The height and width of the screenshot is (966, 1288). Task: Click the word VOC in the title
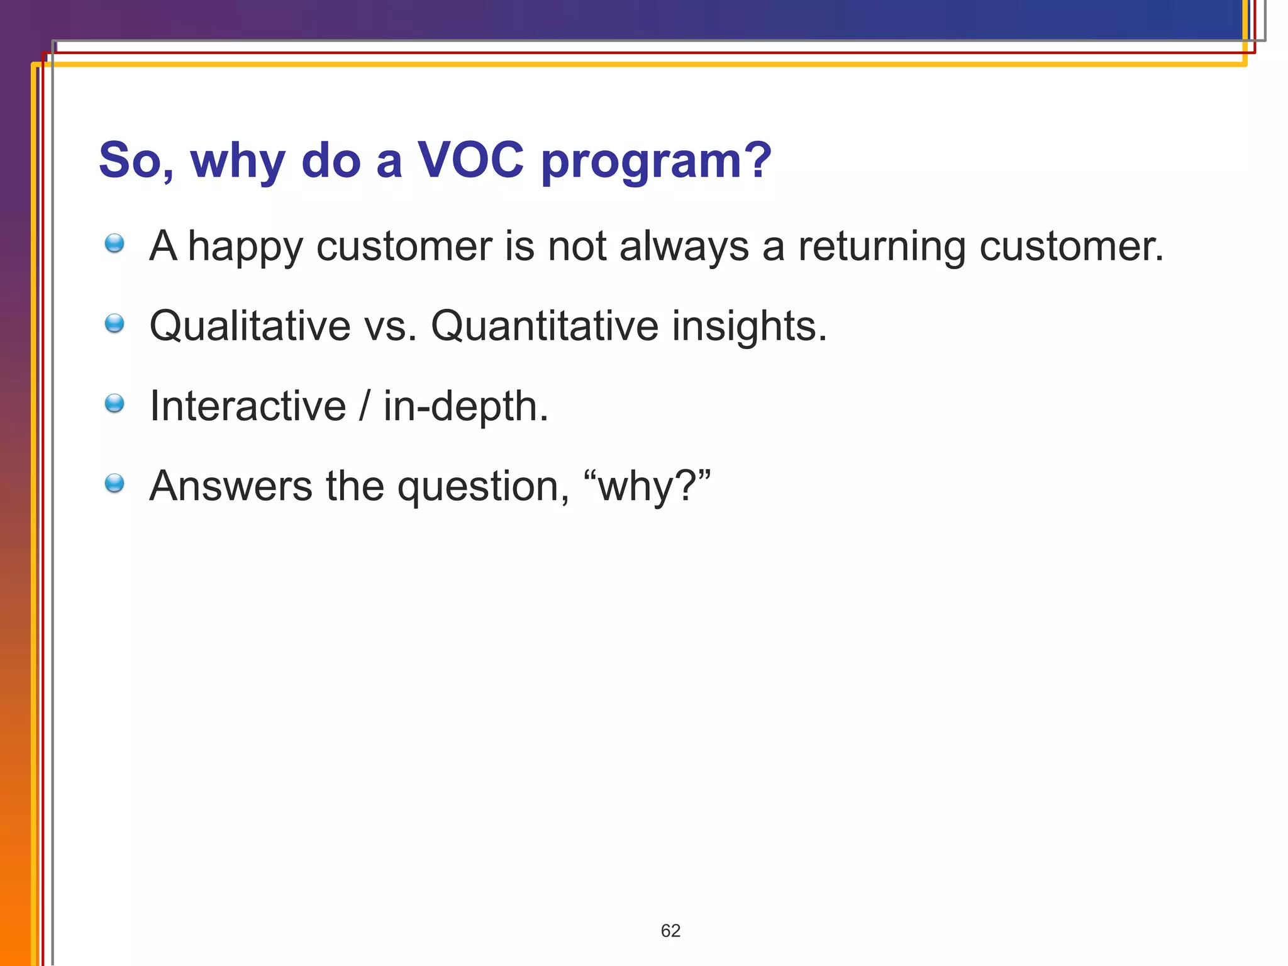point(470,160)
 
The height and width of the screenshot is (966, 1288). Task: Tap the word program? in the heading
point(656,162)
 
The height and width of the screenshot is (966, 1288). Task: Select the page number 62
point(670,931)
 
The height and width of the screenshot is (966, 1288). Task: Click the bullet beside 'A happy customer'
point(114,243)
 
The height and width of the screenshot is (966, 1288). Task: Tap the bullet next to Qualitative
point(114,324)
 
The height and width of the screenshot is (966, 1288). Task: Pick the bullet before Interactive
point(114,404)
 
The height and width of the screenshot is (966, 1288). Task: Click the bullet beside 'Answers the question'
point(114,484)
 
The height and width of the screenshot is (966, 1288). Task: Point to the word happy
point(245,247)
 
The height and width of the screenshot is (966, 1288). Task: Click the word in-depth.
point(465,408)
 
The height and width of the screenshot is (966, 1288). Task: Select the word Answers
point(231,486)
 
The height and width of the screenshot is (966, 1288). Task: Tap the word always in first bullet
point(684,247)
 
